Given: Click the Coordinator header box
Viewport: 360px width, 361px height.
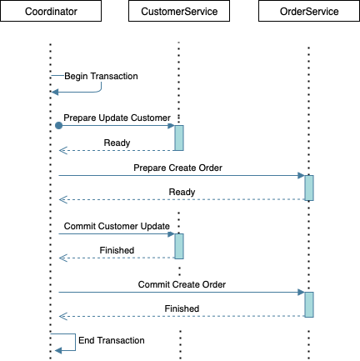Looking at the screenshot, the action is point(51,11).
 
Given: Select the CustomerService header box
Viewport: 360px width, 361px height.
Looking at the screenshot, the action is point(179,11).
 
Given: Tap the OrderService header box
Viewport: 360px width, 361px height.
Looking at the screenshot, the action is point(309,11).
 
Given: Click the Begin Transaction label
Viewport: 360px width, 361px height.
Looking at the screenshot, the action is point(101,76).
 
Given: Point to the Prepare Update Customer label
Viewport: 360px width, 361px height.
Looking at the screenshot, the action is point(117,118).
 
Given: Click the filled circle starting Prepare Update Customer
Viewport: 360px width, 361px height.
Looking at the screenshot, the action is point(58,126).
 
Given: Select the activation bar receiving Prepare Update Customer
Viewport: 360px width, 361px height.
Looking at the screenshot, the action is point(179,138).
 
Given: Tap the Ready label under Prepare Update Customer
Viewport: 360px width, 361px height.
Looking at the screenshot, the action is point(117,143).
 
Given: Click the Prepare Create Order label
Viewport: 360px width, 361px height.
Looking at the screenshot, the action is point(177,168).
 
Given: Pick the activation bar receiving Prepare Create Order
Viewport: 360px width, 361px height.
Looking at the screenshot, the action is point(309,188).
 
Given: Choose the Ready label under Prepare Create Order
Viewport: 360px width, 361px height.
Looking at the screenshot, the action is point(182,192).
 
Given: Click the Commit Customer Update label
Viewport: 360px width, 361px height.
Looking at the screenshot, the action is point(117,226).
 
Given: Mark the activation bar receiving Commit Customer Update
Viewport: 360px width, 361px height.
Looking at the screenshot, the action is point(179,246).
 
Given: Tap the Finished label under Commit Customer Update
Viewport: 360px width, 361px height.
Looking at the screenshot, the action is point(117,250).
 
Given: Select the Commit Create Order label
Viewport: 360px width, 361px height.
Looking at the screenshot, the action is point(182,284).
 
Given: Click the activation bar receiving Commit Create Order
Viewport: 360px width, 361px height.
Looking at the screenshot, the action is point(309,304).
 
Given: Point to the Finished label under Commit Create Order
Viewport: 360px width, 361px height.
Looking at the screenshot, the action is point(182,308).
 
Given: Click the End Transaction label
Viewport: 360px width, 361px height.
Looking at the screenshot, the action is point(112,340).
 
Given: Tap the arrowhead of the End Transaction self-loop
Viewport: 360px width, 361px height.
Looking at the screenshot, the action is point(58,351).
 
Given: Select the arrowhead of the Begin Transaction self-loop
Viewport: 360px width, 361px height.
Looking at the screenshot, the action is point(55,92).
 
